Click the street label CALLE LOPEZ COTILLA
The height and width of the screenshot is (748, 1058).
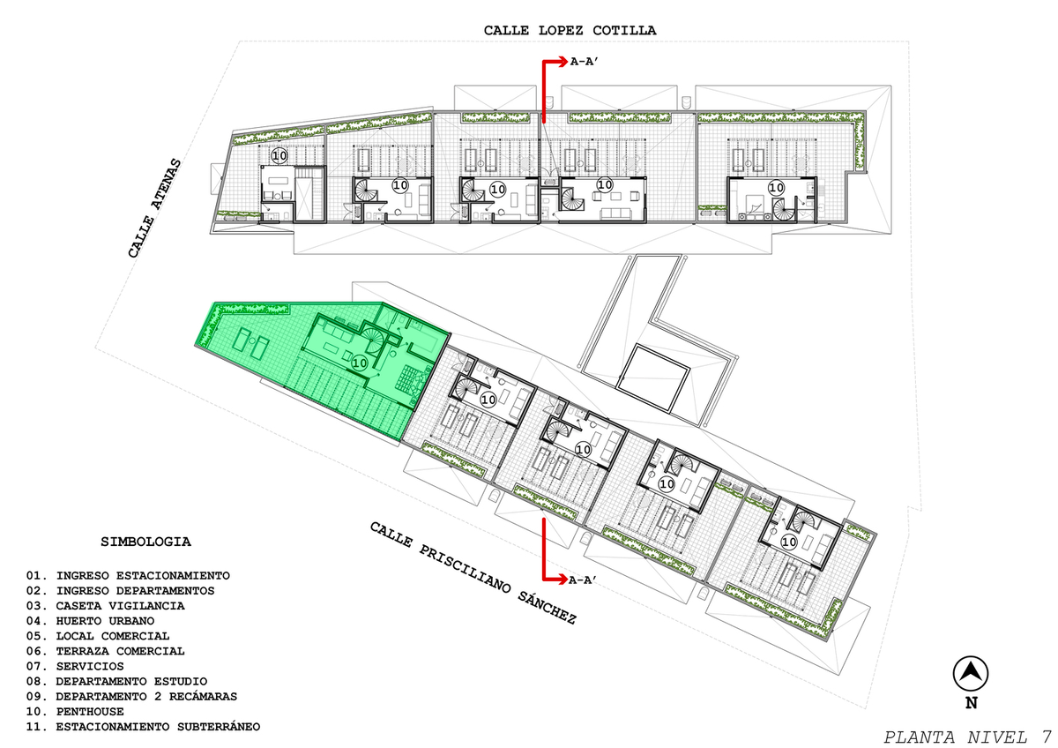tap(570, 31)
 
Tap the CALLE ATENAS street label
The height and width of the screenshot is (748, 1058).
tap(154, 208)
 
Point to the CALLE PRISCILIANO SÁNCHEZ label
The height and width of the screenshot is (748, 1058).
tap(473, 572)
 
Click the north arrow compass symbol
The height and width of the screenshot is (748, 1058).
tap(971, 673)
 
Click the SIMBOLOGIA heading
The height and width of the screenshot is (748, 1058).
tap(145, 542)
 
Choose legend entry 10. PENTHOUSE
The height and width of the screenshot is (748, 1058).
tap(75, 711)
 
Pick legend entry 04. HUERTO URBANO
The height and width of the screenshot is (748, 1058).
tap(90, 620)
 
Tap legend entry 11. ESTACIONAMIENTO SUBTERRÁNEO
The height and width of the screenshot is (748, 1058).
tap(143, 726)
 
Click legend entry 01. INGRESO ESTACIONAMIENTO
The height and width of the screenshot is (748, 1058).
tap(128, 575)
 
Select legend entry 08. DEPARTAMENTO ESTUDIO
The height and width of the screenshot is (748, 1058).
tap(116, 681)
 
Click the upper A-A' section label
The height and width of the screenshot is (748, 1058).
tap(585, 62)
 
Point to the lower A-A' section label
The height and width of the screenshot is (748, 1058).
tap(583, 580)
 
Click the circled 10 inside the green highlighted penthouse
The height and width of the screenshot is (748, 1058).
tap(360, 363)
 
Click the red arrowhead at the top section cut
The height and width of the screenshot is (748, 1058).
tap(563, 62)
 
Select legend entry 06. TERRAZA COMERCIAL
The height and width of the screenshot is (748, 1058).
tap(105, 651)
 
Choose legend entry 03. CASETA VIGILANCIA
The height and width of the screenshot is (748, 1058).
tap(105, 605)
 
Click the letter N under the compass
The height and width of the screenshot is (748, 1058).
tap(971, 703)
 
